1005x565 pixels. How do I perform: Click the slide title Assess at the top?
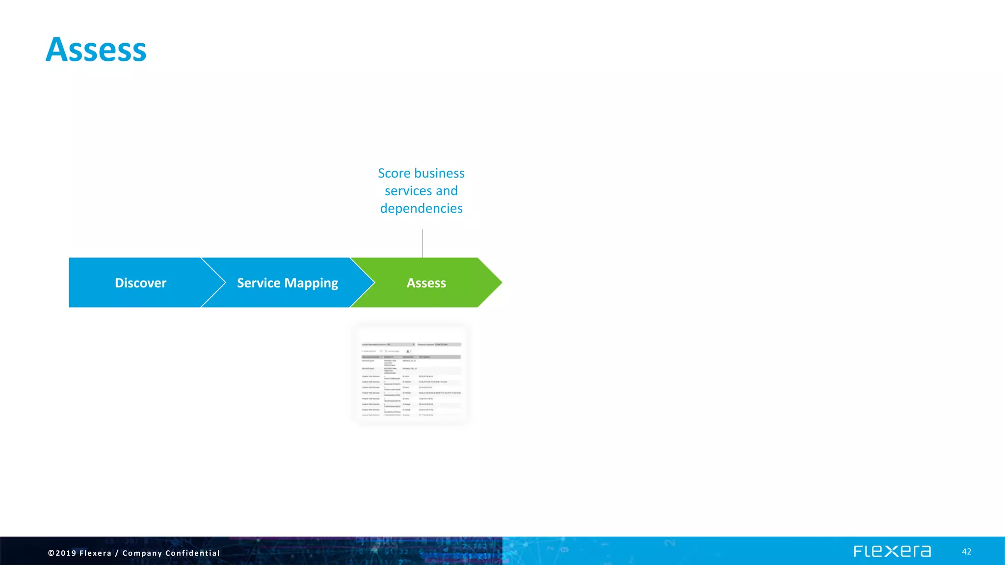(96, 50)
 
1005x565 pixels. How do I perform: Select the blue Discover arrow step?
(140, 283)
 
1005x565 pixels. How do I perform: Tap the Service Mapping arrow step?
(288, 283)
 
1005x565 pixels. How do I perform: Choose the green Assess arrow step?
(426, 283)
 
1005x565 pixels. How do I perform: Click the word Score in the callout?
(394, 173)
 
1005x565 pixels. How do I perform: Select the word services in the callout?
(408, 191)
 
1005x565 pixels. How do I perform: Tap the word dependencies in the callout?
(421, 208)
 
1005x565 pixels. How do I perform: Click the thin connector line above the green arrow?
(422, 243)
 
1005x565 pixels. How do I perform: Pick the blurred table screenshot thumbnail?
(411, 375)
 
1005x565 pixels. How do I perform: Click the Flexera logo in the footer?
(892, 551)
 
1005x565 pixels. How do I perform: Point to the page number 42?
(966, 552)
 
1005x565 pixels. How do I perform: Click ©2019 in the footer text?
(62, 553)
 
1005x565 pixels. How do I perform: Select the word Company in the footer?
(142, 553)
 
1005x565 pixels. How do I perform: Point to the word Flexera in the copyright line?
(95, 553)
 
